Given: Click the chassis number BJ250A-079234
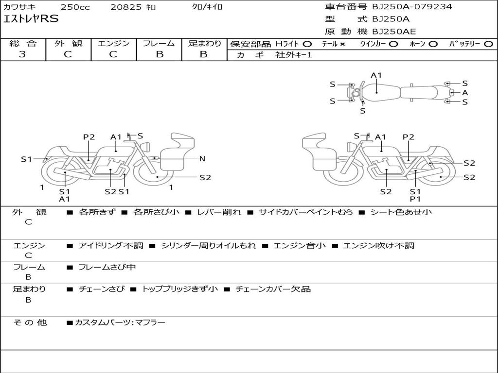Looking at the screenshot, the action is [412, 7].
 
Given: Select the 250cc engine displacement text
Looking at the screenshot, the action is [75, 7].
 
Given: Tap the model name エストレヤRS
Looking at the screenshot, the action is [31, 19].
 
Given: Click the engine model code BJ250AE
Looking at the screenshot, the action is [394, 32].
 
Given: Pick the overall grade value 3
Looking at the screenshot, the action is [22, 54].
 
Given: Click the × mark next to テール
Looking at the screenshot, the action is [342, 44].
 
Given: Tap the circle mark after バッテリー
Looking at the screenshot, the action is [489, 44].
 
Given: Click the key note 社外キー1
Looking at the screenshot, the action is [294, 55].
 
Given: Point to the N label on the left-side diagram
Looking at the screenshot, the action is [202, 159].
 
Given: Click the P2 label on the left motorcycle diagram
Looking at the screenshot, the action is [89, 137].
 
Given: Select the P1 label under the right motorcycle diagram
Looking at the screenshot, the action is [415, 199].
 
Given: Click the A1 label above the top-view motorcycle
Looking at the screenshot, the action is [376, 75].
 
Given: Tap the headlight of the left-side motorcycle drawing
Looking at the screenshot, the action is [147, 147].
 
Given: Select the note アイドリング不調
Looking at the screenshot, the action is [111, 245].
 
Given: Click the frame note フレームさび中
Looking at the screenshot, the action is [107, 268].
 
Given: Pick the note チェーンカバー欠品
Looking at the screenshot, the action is [273, 289].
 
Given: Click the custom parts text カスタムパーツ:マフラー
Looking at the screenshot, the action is [120, 322].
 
